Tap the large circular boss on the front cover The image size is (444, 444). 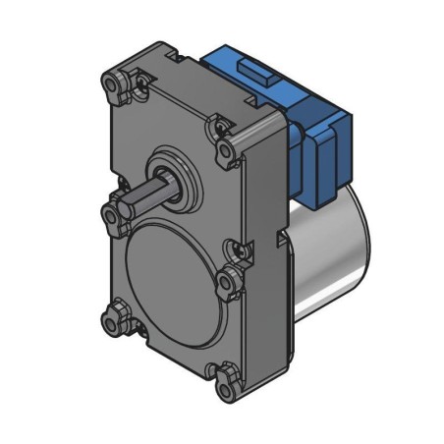click(x=167, y=269)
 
